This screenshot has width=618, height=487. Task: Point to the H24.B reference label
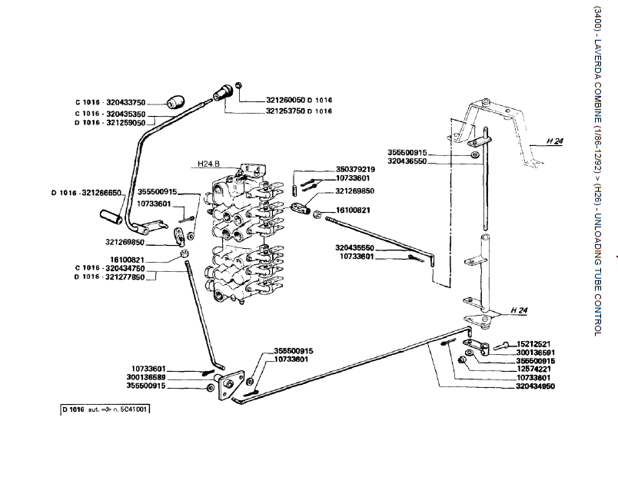point(208,164)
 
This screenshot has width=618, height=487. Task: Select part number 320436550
point(418,161)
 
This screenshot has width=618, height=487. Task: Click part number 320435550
point(354,247)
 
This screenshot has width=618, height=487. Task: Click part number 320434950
point(536,387)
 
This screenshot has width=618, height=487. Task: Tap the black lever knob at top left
point(176,102)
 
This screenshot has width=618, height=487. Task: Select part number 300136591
point(536,352)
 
